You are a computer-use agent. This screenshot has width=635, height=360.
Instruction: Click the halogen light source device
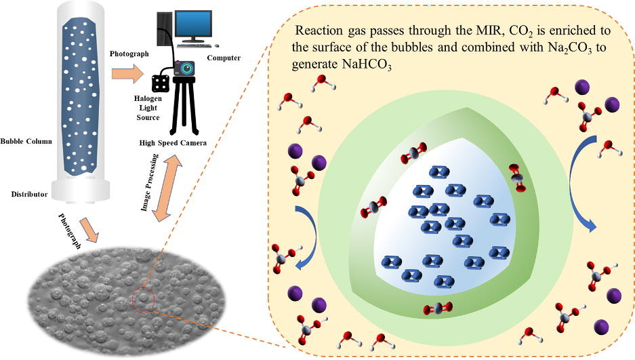coord(161,83)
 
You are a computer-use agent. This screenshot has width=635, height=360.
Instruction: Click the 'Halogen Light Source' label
coord(147,108)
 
